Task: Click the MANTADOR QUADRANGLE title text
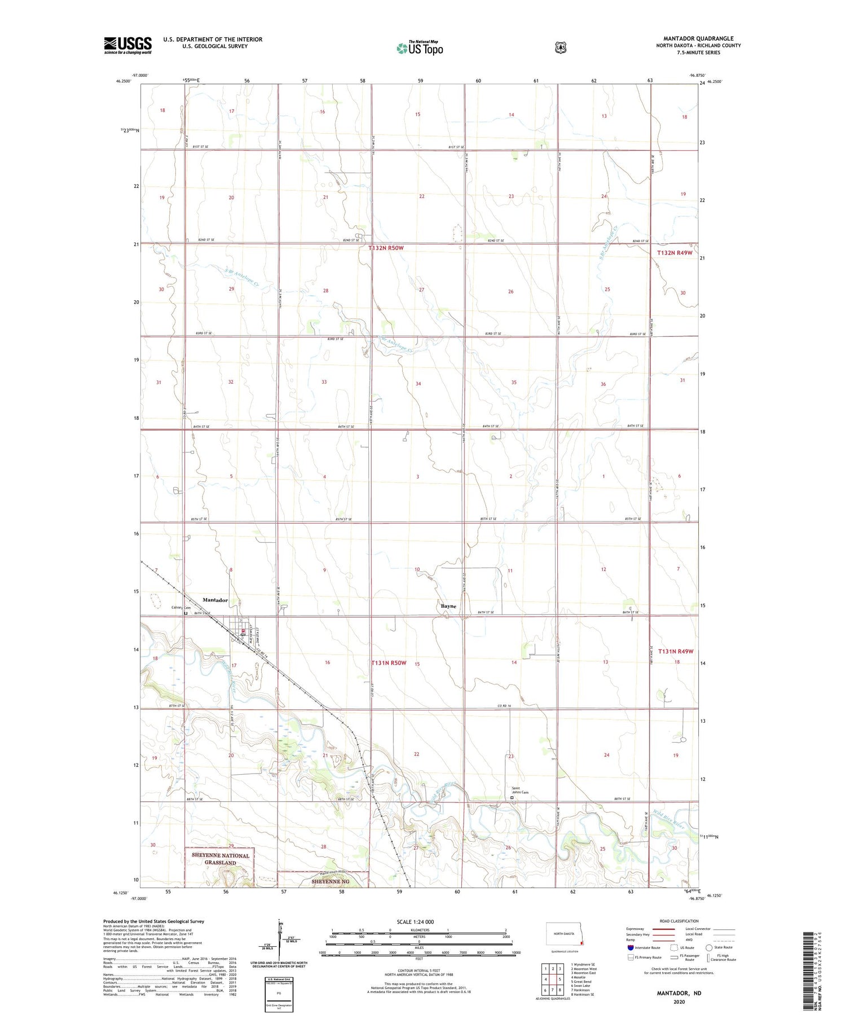point(698,39)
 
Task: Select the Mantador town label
point(215,600)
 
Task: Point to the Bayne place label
point(448,606)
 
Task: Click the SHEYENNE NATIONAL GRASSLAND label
point(220,859)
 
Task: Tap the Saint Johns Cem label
point(520,791)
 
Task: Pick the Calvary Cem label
point(181,608)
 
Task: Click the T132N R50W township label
point(386,248)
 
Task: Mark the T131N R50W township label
point(389,663)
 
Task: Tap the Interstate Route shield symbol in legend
point(630,947)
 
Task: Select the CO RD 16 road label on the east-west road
point(504,706)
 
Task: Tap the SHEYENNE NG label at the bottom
point(331,881)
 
